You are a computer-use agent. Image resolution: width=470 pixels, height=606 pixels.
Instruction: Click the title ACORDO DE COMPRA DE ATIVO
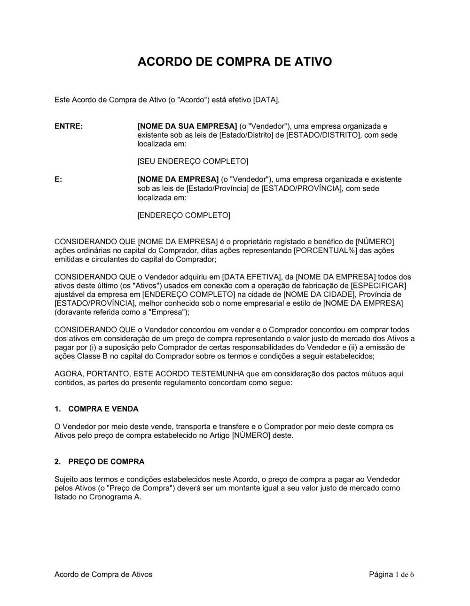[235, 62]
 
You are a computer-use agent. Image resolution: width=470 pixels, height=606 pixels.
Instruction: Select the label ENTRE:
[69, 126]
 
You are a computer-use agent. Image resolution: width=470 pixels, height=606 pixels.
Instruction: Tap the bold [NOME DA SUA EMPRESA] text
[187, 126]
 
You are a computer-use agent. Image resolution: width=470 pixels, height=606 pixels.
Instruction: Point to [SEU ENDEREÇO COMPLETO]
[193, 162]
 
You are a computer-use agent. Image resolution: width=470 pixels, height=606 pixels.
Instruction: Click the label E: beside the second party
[58, 179]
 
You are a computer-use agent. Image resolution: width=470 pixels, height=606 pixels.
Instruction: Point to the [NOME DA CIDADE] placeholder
[319, 295]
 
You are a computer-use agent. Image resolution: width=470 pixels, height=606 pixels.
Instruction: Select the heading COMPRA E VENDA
[103, 409]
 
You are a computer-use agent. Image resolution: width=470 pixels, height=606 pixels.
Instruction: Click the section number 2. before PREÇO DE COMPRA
[57, 462]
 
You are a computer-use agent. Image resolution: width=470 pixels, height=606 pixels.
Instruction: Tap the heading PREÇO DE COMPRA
[106, 462]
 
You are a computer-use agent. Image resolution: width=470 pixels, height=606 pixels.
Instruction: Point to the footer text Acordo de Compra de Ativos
[103, 574]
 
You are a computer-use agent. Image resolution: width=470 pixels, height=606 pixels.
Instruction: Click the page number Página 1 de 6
[392, 574]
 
